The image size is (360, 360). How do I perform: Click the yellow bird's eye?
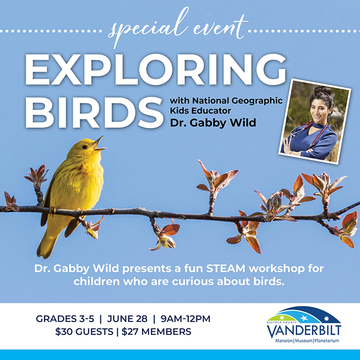(84, 147)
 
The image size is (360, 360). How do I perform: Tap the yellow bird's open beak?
(99, 145)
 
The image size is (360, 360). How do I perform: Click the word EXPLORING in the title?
(156, 69)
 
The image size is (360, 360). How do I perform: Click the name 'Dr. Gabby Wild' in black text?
(213, 122)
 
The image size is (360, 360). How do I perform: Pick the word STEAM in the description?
(225, 268)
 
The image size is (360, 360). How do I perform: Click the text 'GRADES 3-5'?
(65, 319)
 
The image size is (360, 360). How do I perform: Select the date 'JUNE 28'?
(127, 319)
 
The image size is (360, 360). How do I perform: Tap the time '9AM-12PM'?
(185, 319)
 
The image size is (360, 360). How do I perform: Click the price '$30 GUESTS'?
(84, 332)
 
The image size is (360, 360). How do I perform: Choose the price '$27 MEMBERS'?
(156, 332)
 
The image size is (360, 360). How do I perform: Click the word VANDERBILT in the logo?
(304, 331)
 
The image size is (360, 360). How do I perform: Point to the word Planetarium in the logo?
(327, 340)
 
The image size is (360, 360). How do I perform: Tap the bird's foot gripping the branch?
(52, 210)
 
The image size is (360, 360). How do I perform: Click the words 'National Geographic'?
(238, 101)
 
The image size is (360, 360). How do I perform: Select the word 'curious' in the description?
(192, 281)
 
